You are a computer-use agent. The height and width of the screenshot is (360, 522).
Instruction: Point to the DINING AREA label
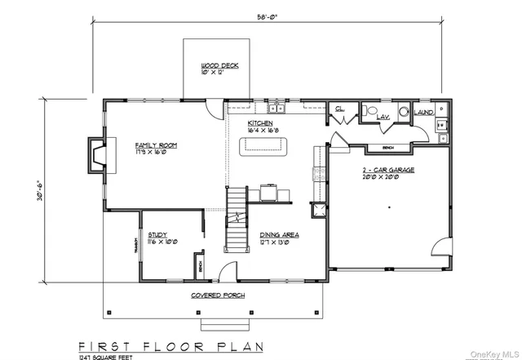[x=279, y=234]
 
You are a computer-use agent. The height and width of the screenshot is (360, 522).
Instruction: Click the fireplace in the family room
[x=97, y=153]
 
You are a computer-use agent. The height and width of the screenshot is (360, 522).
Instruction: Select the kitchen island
[x=263, y=147]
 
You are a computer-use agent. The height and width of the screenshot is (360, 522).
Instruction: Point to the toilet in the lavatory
[x=372, y=111]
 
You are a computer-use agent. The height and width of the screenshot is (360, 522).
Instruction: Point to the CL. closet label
[x=338, y=108]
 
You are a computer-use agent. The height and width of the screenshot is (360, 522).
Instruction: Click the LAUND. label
[x=423, y=113]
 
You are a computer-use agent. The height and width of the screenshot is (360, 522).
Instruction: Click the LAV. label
[x=383, y=118]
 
